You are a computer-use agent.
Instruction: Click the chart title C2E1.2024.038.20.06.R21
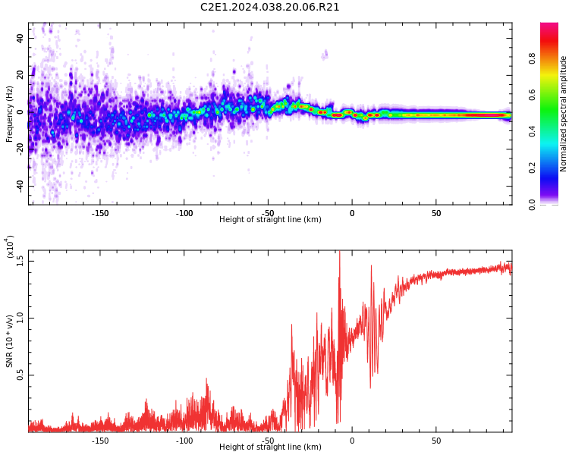[269, 8]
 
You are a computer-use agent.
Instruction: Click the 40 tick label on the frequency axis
[20, 38]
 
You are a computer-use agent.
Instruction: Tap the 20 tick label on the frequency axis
[20, 75]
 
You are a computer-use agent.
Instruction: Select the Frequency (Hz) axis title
[9, 114]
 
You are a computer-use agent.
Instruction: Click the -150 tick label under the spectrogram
[100, 213]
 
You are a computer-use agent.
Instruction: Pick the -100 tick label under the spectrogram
[184, 213]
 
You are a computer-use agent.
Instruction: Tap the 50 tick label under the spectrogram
[436, 213]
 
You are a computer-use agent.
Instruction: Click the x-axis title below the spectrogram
[270, 220]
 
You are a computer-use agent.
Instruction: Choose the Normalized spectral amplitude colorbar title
[564, 114]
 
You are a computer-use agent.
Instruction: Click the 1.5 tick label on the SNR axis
[20, 262]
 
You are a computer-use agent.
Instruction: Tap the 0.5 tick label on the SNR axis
[20, 375]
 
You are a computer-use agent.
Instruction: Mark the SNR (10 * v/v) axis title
[10, 337]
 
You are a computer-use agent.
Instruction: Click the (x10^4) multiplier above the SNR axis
[10, 247]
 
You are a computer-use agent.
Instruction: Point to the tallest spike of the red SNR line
[339, 253]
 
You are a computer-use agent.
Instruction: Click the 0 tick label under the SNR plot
[351, 441]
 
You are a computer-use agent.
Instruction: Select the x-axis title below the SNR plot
[270, 447]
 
